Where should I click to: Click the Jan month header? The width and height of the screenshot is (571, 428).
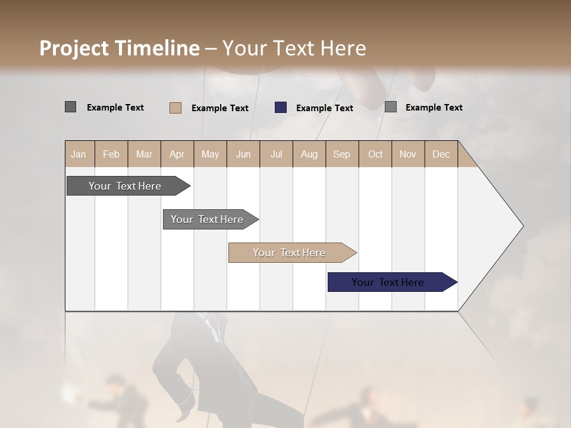[x=79, y=154]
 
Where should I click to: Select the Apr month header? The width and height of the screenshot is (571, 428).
[x=177, y=154]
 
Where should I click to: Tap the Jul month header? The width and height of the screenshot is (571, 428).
[x=276, y=154]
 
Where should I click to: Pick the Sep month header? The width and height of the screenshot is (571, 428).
[x=341, y=154]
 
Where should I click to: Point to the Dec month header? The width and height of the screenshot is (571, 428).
[x=441, y=154]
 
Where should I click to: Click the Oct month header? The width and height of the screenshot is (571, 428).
[x=375, y=154]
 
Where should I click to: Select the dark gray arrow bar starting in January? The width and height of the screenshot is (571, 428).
[x=126, y=186]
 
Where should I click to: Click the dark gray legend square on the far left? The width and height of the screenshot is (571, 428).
[x=70, y=107]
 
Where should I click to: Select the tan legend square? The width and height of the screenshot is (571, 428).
[x=175, y=108]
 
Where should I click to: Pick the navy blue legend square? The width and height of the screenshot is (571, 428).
[x=281, y=108]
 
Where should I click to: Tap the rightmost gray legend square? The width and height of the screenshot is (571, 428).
[x=391, y=107]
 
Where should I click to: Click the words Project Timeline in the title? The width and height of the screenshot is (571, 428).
[x=120, y=48]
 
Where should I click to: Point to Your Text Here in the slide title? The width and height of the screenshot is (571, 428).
[x=294, y=48]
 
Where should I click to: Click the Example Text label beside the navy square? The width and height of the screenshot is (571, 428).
[x=325, y=108]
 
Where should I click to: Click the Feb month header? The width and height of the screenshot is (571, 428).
[x=111, y=154]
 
